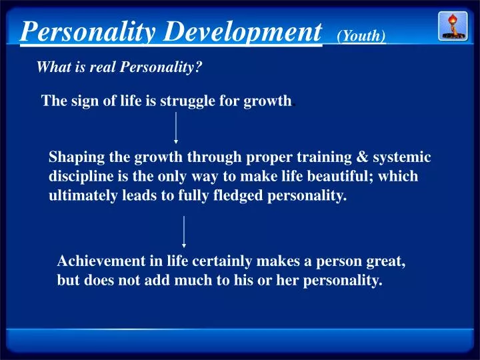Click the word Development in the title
coord(243,31)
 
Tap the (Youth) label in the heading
coord(361,36)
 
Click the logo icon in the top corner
coord(452,25)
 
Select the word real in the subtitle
coord(107,67)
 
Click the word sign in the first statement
coord(77,101)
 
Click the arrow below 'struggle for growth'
coord(176,128)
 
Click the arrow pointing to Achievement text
coord(184,232)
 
